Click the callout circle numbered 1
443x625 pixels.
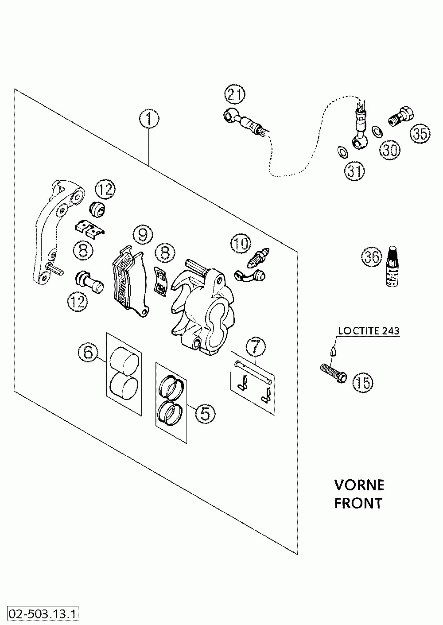click(149, 119)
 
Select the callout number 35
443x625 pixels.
click(420, 134)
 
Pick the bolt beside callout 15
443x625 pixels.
click(334, 373)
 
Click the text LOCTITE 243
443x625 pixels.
click(369, 331)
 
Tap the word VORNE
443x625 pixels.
click(359, 485)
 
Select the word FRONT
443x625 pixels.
click(358, 503)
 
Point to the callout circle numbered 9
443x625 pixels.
click(143, 235)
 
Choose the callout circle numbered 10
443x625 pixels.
click(241, 244)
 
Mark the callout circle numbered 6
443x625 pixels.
click(88, 353)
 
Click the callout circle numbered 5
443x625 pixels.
click(205, 413)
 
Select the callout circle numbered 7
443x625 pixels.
click(256, 347)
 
